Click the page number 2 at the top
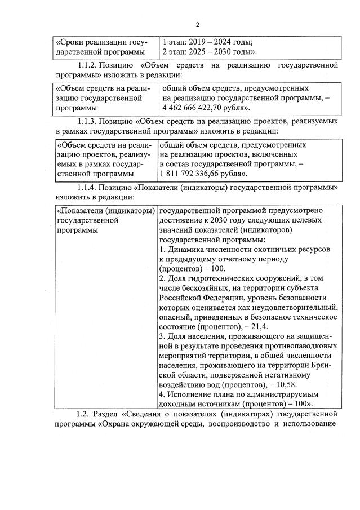pos(198,24)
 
